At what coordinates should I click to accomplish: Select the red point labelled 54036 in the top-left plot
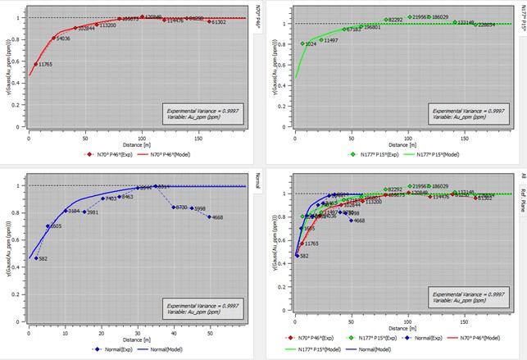point(54,38)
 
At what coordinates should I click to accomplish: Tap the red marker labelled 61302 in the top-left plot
point(210,21)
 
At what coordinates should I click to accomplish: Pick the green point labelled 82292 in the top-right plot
point(386,19)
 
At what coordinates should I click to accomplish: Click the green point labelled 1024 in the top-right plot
point(302,43)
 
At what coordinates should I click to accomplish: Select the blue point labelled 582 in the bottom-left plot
point(34,258)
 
